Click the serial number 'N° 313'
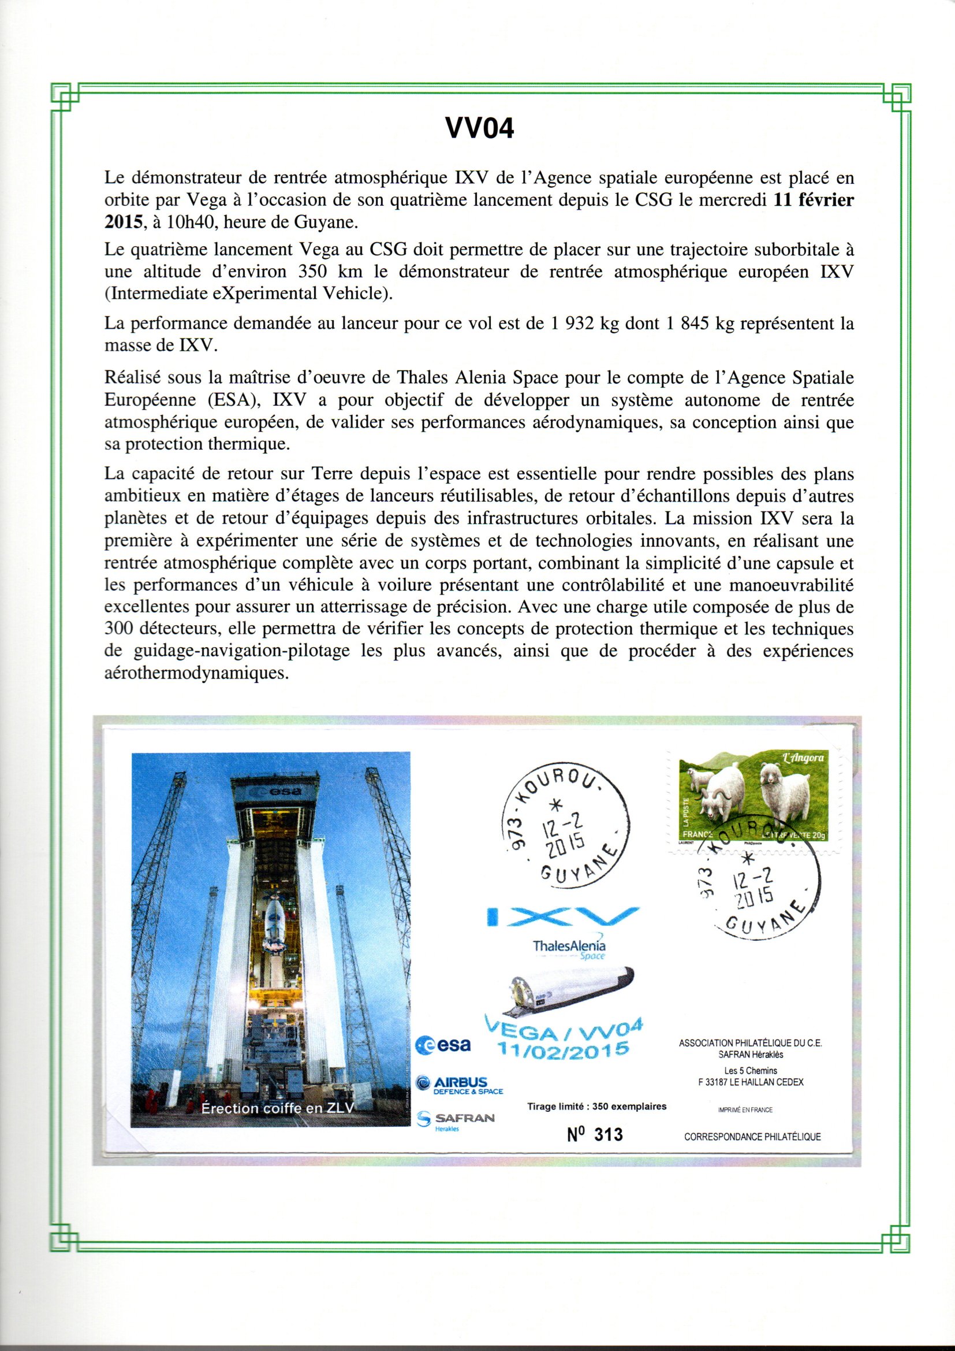tap(595, 1134)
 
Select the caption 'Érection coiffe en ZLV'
tap(277, 1108)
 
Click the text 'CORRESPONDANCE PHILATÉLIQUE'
tap(752, 1137)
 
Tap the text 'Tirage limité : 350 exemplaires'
tap(597, 1106)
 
